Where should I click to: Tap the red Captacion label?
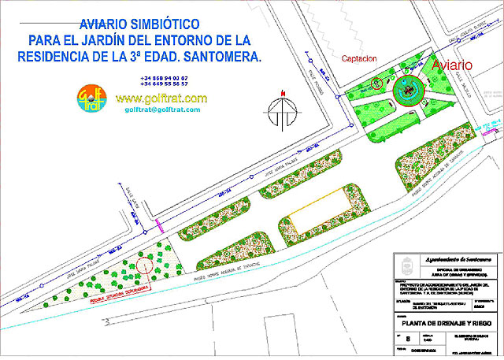(x=359, y=58)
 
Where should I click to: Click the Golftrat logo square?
(x=91, y=100)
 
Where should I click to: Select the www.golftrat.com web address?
(x=161, y=98)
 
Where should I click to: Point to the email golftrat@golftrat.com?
(x=161, y=109)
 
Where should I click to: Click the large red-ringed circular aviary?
(x=407, y=93)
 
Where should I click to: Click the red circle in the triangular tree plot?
(x=143, y=265)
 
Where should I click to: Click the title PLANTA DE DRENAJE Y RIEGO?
(x=446, y=324)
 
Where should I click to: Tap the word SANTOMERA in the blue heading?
(x=228, y=58)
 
